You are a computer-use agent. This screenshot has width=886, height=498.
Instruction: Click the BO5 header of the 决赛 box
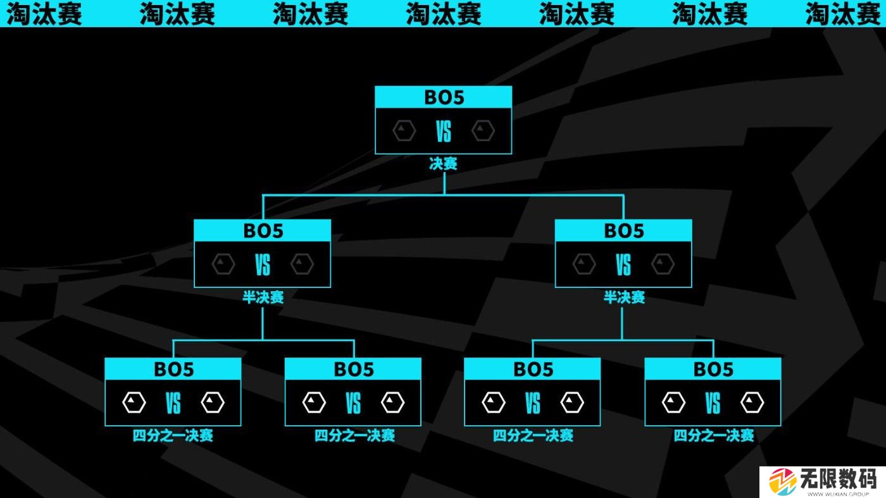pos(443,97)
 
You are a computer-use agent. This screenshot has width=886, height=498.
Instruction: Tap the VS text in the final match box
pos(443,132)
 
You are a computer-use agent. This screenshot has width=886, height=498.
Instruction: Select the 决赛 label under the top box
pos(443,164)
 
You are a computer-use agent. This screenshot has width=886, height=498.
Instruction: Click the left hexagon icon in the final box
pos(404,131)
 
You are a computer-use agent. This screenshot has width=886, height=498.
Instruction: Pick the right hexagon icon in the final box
pos(483,131)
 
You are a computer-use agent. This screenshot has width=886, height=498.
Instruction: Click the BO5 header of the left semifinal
pos(262,231)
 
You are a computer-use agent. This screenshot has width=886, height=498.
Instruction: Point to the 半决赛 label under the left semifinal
pos(263,297)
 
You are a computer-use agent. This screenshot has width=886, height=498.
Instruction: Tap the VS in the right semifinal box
pos(623,265)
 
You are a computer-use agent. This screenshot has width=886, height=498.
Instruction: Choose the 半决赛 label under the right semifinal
pos(623,297)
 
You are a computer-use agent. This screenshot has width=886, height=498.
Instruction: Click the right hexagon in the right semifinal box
pos(663,264)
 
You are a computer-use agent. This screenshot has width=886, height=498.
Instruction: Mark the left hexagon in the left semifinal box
pos(223,264)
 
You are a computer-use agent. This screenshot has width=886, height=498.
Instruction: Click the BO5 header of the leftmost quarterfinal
pos(173,369)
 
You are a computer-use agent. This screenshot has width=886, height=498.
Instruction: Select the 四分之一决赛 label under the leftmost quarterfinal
pos(173,435)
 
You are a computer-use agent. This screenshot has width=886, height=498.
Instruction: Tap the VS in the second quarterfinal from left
pos(353,402)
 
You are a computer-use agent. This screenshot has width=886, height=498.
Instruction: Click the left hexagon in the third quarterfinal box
pos(494,402)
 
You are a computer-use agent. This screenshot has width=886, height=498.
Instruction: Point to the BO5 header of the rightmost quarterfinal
pos(713,369)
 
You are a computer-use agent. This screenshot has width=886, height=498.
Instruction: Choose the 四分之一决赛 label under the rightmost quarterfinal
pos(713,435)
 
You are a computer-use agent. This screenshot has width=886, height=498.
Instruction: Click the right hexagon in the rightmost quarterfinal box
pos(752,402)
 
